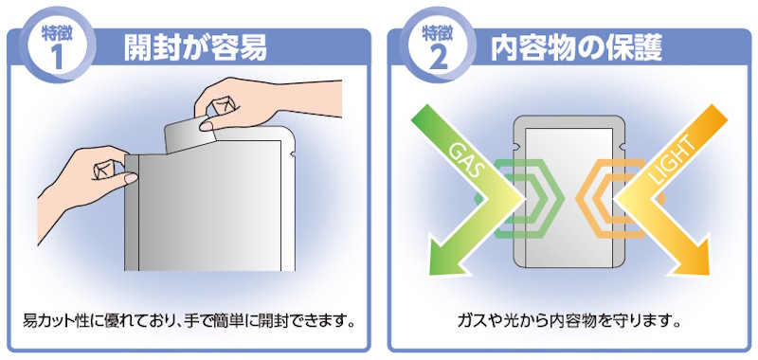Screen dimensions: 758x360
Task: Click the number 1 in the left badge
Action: pyautogui.click(x=58, y=57)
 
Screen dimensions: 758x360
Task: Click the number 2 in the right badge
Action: pyautogui.click(x=438, y=57)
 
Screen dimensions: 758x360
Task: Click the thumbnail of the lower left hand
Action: pyautogui.click(x=131, y=178)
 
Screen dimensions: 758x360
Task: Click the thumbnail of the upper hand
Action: pyautogui.click(x=207, y=126)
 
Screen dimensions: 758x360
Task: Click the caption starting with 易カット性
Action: pyautogui.click(x=187, y=320)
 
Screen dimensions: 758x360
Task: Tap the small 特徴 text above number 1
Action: pyautogui.click(x=58, y=34)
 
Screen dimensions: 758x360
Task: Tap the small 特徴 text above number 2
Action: pyautogui.click(x=438, y=34)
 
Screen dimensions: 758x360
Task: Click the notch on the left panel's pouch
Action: pyautogui.click(x=292, y=154)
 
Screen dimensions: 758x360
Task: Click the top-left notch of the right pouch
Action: pyautogui.click(x=516, y=145)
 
